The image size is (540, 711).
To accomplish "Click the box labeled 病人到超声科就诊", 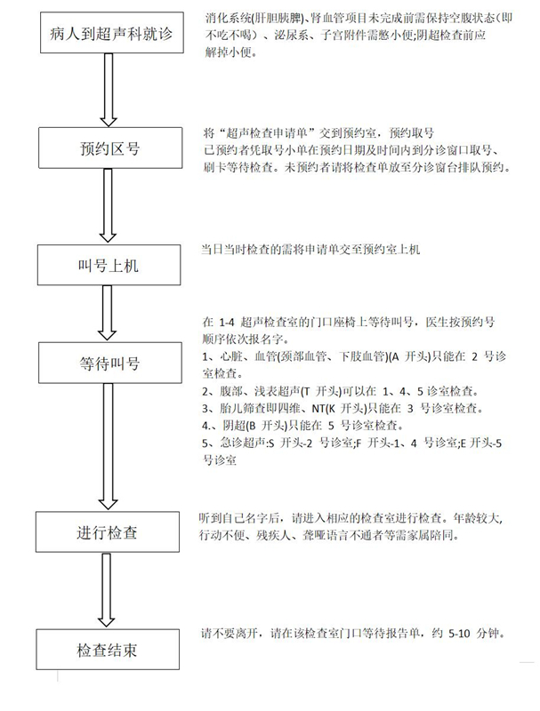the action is pyautogui.click(x=111, y=33).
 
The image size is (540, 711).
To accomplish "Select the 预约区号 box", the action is pyautogui.click(x=110, y=148).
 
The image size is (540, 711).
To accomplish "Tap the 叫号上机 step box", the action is pyautogui.click(x=109, y=265).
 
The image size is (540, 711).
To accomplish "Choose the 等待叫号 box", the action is pyautogui.click(x=109, y=363).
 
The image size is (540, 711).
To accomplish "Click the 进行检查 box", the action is pyautogui.click(x=108, y=531).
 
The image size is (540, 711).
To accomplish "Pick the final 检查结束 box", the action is pyautogui.click(x=108, y=650).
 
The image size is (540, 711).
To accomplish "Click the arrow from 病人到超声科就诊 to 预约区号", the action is pyautogui.click(x=109, y=90).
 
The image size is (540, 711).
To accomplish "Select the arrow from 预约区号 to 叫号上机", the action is pyautogui.click(x=108, y=206).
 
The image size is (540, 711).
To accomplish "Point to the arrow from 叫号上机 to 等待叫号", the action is pyautogui.click(x=107, y=313).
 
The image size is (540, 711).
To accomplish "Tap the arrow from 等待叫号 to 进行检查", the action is pyautogui.click(x=108, y=447).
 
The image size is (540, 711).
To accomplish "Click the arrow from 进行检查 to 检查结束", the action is pyautogui.click(x=106, y=590).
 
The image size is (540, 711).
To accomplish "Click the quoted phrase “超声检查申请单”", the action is pyautogui.click(x=266, y=132).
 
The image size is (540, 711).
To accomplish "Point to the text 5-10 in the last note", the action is pyautogui.click(x=459, y=634).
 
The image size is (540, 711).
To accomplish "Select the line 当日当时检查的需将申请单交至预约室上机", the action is pyautogui.click(x=310, y=250).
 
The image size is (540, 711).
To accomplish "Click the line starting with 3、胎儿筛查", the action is pyautogui.click(x=343, y=408).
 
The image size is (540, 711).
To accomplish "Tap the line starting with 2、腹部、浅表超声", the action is pyautogui.click(x=341, y=391).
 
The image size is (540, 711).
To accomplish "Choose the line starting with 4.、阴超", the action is pyautogui.click(x=302, y=426).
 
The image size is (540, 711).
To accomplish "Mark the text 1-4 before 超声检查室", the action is pyautogui.click(x=227, y=323).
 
